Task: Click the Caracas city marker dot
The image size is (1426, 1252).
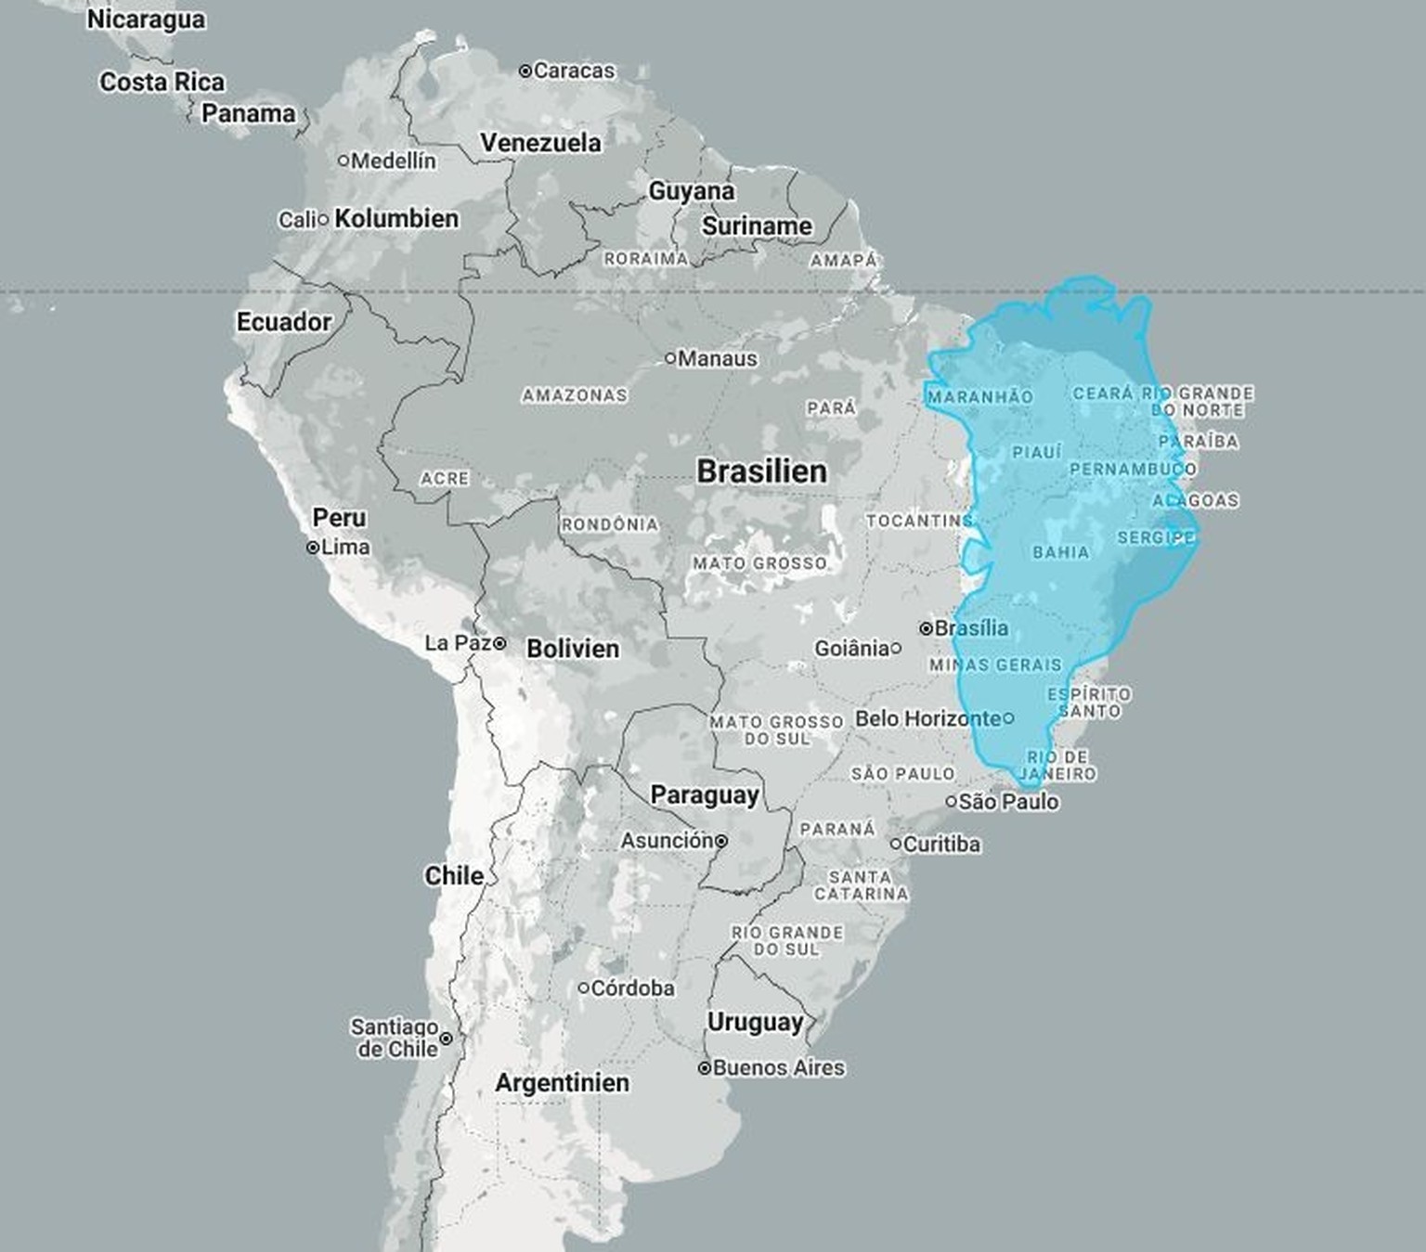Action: pyautogui.click(x=525, y=71)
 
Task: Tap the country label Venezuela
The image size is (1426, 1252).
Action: pyautogui.click(x=540, y=143)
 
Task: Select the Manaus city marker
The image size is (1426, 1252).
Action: pyautogui.click(x=670, y=358)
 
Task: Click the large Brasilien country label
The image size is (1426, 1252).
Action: pyautogui.click(x=761, y=471)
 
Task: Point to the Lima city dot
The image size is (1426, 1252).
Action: pyautogui.click(x=313, y=548)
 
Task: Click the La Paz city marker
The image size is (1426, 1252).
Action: pyautogui.click(x=499, y=643)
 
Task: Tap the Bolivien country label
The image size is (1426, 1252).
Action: pyautogui.click(x=572, y=649)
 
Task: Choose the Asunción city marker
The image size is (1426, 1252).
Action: pyautogui.click(x=721, y=841)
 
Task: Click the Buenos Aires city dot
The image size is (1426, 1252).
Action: pyautogui.click(x=705, y=1068)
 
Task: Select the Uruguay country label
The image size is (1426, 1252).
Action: pyautogui.click(x=755, y=1022)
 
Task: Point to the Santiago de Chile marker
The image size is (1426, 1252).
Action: pyautogui.click(x=446, y=1039)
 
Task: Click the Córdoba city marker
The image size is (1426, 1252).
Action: pyautogui.click(x=584, y=988)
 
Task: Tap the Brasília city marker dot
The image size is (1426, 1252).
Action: pyautogui.click(x=926, y=628)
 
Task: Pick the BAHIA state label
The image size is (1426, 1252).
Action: pyautogui.click(x=1061, y=553)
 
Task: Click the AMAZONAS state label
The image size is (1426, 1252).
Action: pyautogui.click(x=575, y=395)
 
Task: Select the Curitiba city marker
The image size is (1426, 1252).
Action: pyautogui.click(x=896, y=844)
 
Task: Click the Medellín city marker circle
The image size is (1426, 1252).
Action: pyautogui.click(x=344, y=161)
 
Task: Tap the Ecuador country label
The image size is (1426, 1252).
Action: pyautogui.click(x=283, y=322)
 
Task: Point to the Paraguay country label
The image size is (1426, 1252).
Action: pyautogui.click(x=704, y=795)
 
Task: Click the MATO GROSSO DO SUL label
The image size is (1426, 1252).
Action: pyautogui.click(x=776, y=729)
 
